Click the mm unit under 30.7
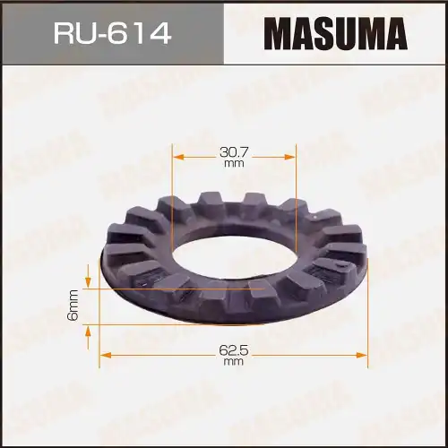pos(233,165)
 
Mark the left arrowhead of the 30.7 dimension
pos(177,156)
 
